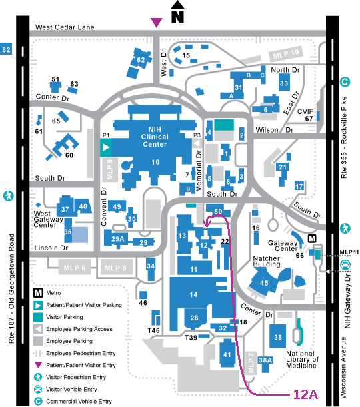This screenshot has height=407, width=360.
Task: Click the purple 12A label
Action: tap(305, 394)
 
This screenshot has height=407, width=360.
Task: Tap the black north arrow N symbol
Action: tap(177, 12)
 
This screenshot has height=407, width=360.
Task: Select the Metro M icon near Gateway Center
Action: tap(312, 238)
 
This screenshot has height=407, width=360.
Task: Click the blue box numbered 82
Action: tap(6, 49)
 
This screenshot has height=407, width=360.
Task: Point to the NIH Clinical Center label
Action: tap(155, 137)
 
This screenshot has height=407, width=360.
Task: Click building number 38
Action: tap(277, 336)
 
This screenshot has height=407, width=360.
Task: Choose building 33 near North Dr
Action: tap(284, 83)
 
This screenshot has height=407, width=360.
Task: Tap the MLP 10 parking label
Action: tap(286, 54)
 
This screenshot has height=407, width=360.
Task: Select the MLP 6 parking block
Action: tap(74, 267)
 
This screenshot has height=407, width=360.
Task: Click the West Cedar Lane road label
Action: tap(65, 27)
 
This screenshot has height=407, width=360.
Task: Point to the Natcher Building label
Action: tap(267, 261)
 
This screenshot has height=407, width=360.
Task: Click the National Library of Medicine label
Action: tap(302, 360)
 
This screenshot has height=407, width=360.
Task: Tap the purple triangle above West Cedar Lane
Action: tap(157, 22)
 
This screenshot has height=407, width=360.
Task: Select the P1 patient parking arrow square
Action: tap(106, 147)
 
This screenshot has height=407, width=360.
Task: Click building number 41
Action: tap(227, 354)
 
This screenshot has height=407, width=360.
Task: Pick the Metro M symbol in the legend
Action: tap(38, 293)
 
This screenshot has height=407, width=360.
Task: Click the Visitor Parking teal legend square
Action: tap(38, 317)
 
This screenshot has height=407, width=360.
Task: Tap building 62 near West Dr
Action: tap(140, 62)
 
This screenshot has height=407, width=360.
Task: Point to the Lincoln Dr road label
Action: tap(51, 248)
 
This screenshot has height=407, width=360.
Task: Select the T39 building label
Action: tap(191, 338)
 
